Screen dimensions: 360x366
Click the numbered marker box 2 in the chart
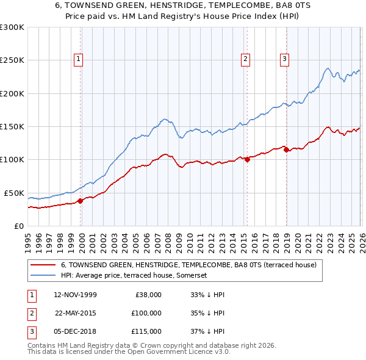point(245,59)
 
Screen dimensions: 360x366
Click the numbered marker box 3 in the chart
point(285,59)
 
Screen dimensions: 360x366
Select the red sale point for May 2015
point(247,160)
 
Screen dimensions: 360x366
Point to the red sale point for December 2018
point(286,149)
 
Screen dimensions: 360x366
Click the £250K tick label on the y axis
point(12,60)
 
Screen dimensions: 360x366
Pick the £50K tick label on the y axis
point(14,193)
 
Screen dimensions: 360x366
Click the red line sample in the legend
point(42,265)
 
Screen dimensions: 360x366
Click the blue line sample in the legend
point(42,276)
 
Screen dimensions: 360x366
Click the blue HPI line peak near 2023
point(328,68)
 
